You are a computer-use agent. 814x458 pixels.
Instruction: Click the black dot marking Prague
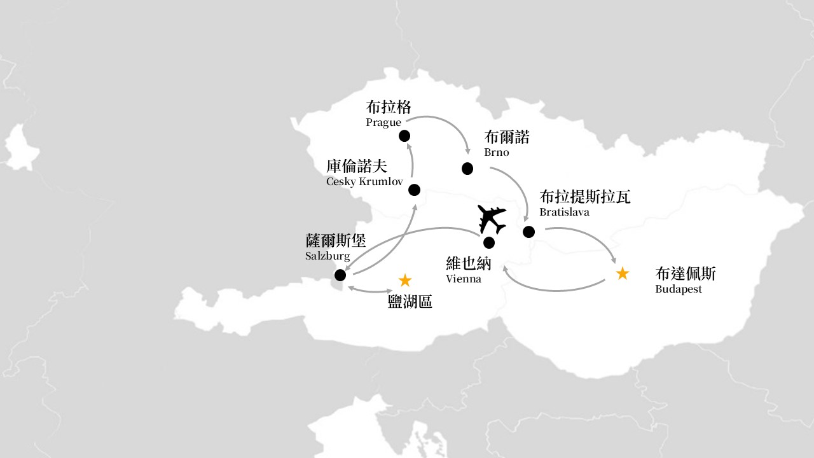tap(404, 136)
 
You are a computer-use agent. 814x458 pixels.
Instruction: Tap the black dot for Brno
tap(467, 169)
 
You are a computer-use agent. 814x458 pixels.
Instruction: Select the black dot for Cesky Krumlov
tap(414, 190)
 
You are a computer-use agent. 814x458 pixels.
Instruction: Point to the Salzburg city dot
tap(340, 275)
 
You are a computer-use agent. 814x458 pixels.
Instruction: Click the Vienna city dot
tap(489, 242)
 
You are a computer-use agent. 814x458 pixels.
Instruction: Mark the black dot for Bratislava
tap(528, 232)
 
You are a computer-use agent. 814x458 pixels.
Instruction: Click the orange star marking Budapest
tap(623, 274)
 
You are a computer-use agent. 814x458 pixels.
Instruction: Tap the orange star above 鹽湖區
tap(405, 281)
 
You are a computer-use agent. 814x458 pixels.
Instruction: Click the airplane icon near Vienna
tap(492, 219)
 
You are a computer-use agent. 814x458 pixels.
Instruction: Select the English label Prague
tap(383, 123)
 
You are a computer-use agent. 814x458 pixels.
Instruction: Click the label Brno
tap(497, 152)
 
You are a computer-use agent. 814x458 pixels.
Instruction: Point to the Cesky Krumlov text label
tap(364, 181)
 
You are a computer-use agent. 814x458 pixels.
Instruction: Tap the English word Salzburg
tap(328, 256)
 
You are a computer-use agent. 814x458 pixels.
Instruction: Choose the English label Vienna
tap(464, 279)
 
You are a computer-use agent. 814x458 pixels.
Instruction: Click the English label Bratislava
tap(564, 212)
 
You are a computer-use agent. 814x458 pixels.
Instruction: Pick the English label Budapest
tap(679, 289)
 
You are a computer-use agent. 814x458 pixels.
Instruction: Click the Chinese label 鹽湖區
tap(410, 302)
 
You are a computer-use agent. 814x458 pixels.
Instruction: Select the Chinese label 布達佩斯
tap(686, 274)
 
